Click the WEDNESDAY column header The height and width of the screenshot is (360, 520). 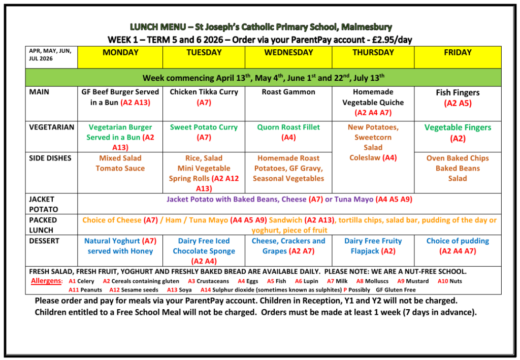(288, 53)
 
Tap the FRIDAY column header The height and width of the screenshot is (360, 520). (458, 53)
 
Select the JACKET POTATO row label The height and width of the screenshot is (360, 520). (43, 204)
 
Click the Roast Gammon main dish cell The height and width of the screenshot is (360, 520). (288, 92)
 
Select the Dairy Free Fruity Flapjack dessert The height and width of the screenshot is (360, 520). (373, 246)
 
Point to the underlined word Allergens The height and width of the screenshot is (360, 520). (47, 281)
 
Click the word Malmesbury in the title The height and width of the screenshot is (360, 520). (366, 27)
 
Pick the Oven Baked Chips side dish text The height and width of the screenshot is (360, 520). (458, 158)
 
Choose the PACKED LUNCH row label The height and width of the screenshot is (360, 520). (43, 225)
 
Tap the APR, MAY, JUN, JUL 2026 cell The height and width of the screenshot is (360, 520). (50, 55)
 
